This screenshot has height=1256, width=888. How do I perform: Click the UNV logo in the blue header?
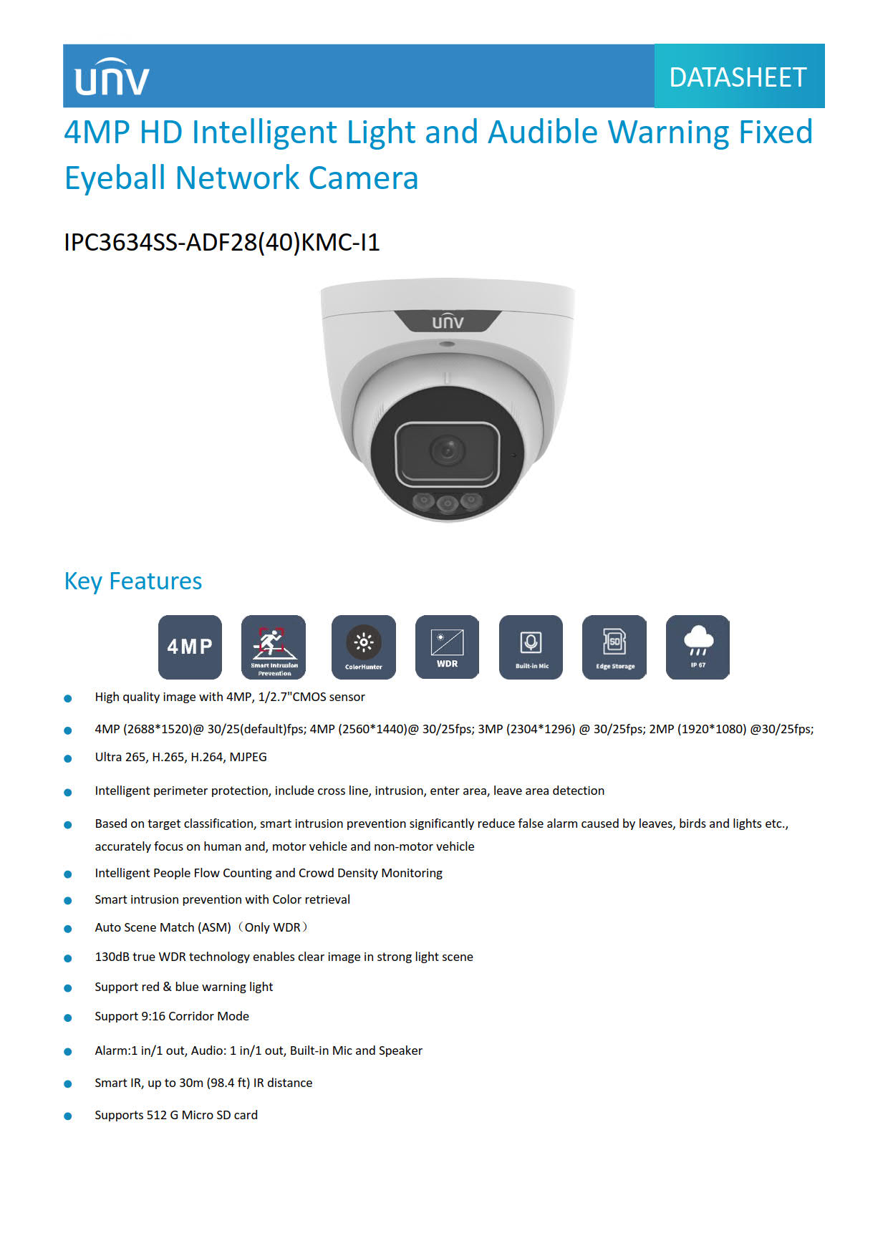[112, 77]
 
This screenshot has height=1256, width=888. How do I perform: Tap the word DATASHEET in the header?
[738, 77]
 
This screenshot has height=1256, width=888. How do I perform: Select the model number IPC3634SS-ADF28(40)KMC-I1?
[221, 243]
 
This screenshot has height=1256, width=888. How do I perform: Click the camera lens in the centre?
[447, 450]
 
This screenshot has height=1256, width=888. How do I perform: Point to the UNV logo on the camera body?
[448, 322]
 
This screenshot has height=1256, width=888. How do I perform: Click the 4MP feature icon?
[190, 647]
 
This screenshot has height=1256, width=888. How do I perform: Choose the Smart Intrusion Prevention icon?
[274, 647]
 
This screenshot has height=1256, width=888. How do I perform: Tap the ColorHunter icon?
[363, 647]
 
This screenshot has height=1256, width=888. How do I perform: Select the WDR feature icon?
[447, 647]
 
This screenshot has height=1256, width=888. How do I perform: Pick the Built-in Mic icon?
[531, 647]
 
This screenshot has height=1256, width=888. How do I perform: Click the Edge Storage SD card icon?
[614, 647]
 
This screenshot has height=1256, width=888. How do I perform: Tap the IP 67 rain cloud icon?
[698, 647]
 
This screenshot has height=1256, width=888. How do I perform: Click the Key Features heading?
[133, 581]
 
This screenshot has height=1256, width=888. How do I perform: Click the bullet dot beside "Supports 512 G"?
[68, 1116]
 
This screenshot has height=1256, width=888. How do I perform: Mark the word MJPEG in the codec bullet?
[248, 757]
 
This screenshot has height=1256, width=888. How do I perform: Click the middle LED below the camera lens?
[448, 503]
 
